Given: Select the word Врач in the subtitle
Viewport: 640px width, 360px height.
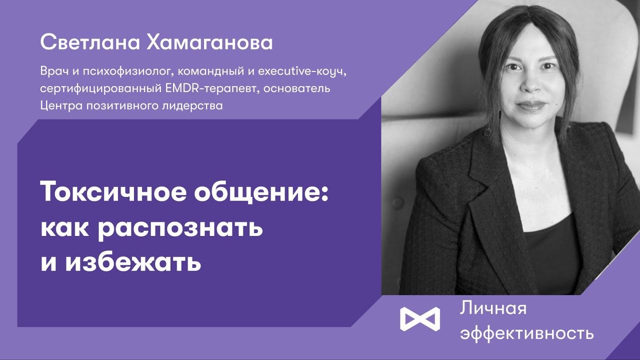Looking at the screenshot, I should coord(52,72).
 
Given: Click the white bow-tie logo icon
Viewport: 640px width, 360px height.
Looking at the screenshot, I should coord(419,318).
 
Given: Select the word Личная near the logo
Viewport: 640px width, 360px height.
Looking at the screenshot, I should coord(493,309).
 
